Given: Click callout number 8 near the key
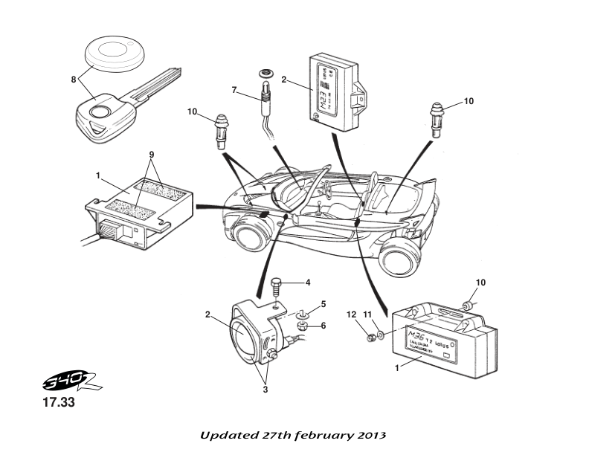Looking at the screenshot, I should click(x=74, y=77).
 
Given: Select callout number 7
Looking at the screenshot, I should click(x=234, y=90).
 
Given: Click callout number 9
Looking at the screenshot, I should click(x=151, y=155).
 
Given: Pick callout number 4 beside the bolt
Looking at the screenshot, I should click(x=307, y=283).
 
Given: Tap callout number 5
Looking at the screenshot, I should click(x=324, y=304).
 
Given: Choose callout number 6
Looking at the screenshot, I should click(x=324, y=325).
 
